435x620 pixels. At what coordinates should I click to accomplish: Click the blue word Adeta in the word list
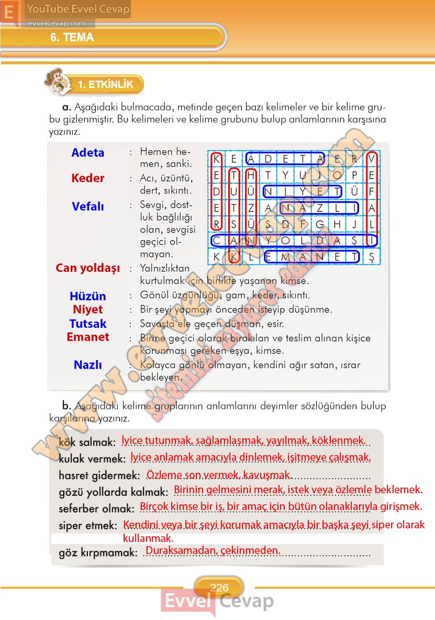pyautogui.click(x=88, y=153)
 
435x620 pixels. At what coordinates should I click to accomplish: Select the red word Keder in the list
pyautogui.click(x=88, y=178)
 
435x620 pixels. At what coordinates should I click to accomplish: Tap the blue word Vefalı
pyautogui.click(x=88, y=207)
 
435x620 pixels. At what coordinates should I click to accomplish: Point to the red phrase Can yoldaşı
pyautogui.click(x=88, y=268)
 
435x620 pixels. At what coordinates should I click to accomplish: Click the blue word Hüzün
pyautogui.click(x=88, y=296)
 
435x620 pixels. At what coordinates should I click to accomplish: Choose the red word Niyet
pyautogui.click(x=88, y=309)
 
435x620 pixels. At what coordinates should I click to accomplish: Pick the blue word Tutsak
pyautogui.click(x=88, y=324)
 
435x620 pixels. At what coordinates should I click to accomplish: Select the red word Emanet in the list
pyautogui.click(x=88, y=337)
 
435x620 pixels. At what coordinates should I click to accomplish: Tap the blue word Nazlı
pyautogui.click(x=88, y=365)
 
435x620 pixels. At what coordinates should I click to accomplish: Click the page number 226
pyautogui.click(x=219, y=588)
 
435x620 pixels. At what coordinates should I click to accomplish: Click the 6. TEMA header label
pyautogui.click(x=72, y=38)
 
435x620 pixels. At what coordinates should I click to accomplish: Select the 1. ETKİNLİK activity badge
pyautogui.click(x=105, y=84)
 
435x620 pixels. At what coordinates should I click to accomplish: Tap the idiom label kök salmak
pyautogui.click(x=87, y=442)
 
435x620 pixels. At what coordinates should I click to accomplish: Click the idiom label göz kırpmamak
pyautogui.click(x=98, y=552)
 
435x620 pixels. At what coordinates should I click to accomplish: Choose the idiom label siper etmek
pyautogui.click(x=88, y=525)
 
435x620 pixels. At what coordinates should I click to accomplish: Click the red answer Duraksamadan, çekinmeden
pyautogui.click(x=213, y=550)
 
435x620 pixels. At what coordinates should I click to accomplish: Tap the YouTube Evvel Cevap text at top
pyautogui.click(x=78, y=9)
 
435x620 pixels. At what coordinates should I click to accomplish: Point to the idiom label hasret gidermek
pyautogui.click(x=99, y=475)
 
